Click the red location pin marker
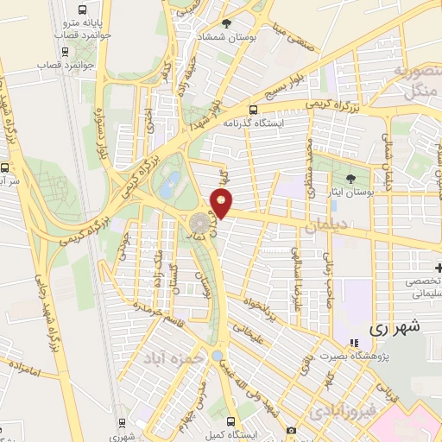[223, 203]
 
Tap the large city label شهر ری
[393, 328]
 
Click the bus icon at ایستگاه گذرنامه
[253, 110]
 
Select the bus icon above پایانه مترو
[69, 6]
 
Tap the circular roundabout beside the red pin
[199, 224]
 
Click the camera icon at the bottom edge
[292, 430]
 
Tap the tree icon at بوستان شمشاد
[227, 24]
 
